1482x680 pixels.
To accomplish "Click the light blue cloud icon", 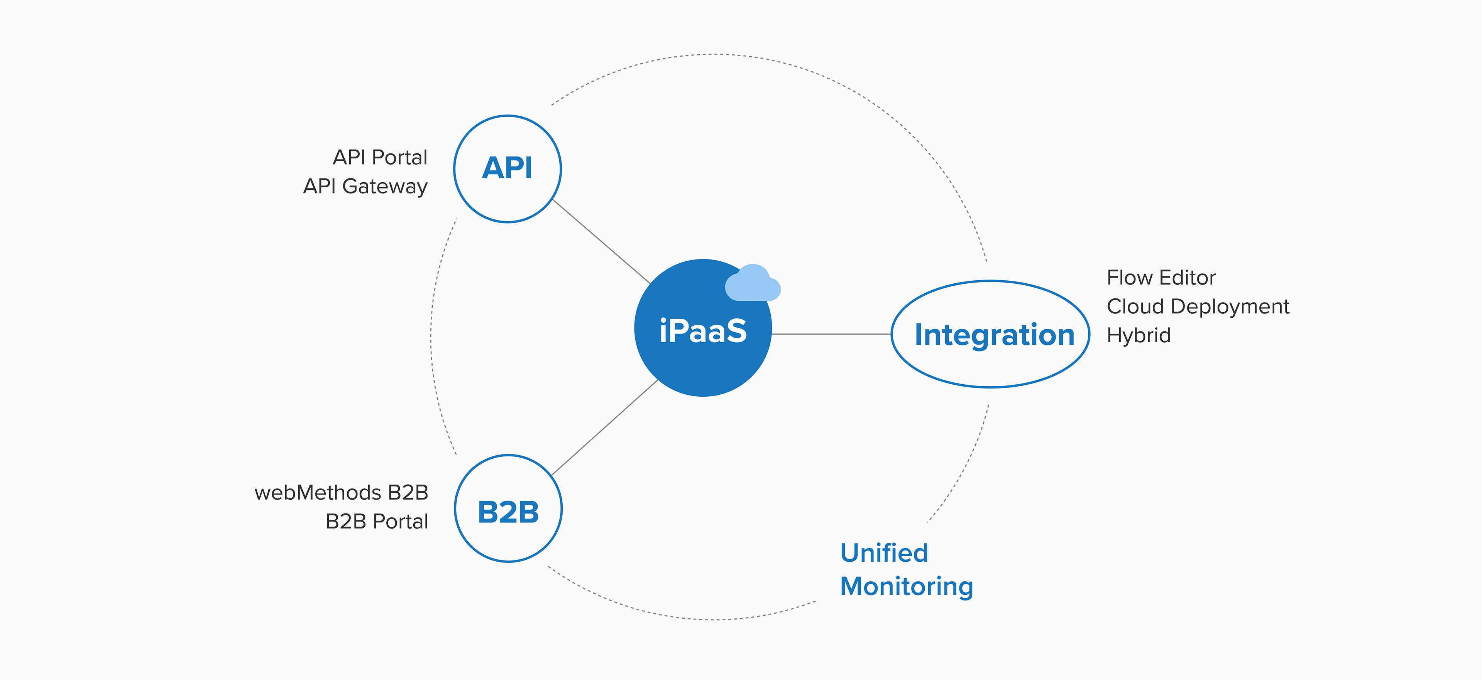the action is coord(753,283).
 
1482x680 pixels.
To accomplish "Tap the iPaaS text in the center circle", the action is coord(703,331).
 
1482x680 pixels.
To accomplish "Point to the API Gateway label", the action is coord(365,187).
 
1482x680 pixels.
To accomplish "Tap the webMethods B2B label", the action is coord(342,493).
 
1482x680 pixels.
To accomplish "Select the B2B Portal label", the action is coord(377,521).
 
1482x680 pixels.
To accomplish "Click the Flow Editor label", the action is coord(1161,278).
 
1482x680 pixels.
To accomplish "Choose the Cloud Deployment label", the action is coord(1198,307).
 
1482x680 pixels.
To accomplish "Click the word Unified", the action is coord(884,553).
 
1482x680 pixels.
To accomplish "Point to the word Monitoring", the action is coord(907,587).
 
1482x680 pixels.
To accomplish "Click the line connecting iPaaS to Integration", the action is coord(831,334).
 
